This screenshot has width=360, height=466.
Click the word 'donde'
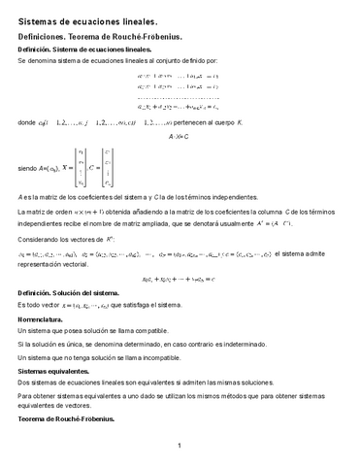coord(26,123)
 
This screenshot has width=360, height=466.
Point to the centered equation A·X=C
coord(180,138)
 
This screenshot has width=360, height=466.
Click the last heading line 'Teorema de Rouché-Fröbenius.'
coord(66,418)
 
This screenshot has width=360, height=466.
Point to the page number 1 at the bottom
coord(180,446)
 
